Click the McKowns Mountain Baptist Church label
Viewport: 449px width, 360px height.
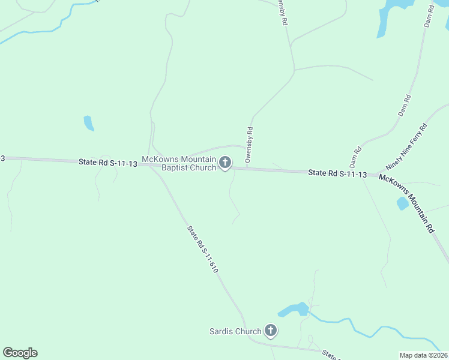pos(178,163)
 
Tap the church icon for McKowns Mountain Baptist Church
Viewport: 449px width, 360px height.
pos(225,162)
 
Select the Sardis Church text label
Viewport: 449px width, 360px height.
pos(235,331)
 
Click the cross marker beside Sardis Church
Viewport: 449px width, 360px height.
pos(271,330)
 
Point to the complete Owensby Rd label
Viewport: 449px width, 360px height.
pos(249,144)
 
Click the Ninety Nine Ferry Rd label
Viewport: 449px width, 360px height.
pos(406,146)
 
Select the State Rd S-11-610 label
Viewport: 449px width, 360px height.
pos(202,250)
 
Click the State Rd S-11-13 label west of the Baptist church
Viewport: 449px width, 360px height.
pos(107,163)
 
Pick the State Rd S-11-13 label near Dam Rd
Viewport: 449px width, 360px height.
pos(337,173)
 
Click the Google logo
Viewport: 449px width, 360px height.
pos(20,353)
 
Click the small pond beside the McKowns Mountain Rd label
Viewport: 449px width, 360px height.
pos(402,203)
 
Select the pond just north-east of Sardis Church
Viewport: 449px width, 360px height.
pos(294,310)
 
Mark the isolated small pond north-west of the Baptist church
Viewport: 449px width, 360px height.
pos(89,123)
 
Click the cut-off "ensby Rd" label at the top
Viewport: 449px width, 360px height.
pos(282,13)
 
